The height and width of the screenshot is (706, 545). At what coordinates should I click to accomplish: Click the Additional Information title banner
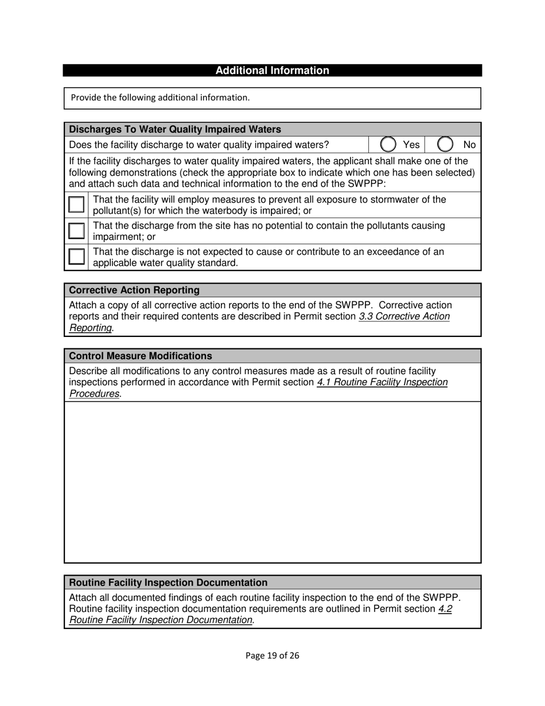point(272,71)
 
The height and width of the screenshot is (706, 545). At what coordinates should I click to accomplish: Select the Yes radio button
point(388,145)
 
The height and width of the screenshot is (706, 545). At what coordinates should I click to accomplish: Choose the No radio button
point(445,145)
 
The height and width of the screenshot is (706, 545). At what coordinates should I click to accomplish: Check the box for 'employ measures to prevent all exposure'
point(76,204)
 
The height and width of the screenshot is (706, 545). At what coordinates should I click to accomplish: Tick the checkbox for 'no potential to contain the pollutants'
point(76,231)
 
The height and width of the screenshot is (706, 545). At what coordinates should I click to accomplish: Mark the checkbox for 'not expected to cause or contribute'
point(76,257)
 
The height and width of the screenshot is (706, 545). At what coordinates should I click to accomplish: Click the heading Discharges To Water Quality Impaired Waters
point(175,130)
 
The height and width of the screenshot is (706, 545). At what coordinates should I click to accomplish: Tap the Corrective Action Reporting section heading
point(134,290)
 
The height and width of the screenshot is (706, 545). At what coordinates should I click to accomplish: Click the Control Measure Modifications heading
point(140,356)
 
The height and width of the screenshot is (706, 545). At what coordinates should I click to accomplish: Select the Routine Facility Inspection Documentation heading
point(168,583)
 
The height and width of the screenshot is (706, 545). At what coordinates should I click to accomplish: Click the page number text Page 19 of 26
point(272,655)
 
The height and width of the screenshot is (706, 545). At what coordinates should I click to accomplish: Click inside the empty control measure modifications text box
point(272,482)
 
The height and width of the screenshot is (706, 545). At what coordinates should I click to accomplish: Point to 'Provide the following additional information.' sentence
point(160,98)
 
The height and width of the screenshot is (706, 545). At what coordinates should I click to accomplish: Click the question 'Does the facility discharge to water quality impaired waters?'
point(198,145)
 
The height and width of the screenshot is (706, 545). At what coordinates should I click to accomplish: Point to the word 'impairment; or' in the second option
point(124,236)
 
